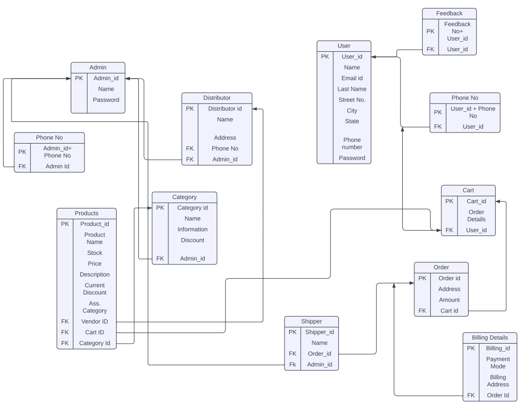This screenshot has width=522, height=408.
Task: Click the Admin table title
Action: click(x=98, y=67)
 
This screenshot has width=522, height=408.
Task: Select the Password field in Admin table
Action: click(x=106, y=100)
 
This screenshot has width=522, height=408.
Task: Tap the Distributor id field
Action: click(x=225, y=109)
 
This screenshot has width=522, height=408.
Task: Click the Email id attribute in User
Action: click(x=352, y=78)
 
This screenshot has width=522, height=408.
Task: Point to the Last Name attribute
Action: click(x=352, y=89)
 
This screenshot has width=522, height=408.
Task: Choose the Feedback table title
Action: click(x=449, y=13)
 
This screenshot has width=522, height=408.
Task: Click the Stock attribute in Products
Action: click(x=94, y=253)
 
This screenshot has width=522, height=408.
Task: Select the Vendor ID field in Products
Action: click(x=94, y=321)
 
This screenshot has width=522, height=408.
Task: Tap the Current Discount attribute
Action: click(x=94, y=289)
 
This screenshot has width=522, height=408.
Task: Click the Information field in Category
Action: click(x=192, y=229)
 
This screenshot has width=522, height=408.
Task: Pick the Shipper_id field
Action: click(x=319, y=332)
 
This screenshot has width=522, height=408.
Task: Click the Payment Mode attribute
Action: click(x=498, y=363)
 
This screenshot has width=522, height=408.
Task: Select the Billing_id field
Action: click(x=498, y=348)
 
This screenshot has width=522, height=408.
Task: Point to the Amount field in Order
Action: click(x=449, y=300)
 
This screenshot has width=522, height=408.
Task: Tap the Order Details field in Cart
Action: click(x=476, y=215)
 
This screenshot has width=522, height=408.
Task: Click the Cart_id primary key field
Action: click(x=476, y=201)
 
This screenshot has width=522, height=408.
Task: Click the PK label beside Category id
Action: click(x=160, y=207)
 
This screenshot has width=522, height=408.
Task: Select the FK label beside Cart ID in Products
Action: click(x=65, y=332)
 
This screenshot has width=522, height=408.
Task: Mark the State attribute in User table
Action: click(x=352, y=121)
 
